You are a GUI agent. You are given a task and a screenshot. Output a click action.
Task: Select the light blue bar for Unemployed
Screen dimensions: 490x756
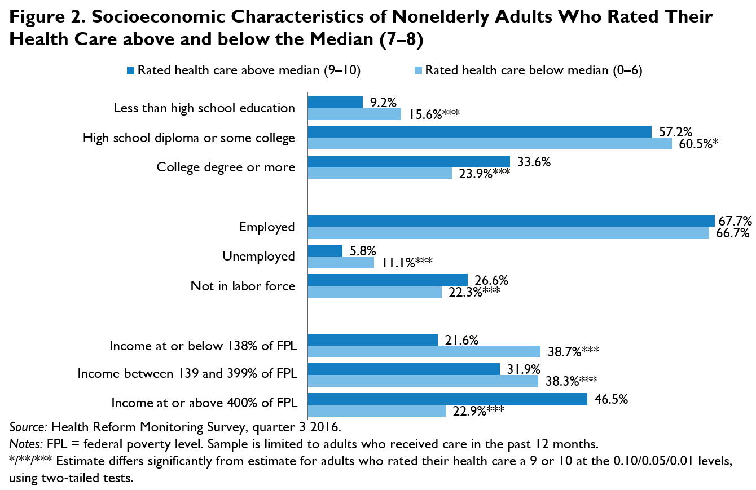click(341, 262)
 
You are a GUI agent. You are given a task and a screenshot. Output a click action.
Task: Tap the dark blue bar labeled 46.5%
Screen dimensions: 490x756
click(447, 399)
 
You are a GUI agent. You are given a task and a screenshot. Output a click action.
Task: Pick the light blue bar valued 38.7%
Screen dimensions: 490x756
click(424, 352)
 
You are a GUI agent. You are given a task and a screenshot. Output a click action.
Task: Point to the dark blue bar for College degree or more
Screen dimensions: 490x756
click(408, 161)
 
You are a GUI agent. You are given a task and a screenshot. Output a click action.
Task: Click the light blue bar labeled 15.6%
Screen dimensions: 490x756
click(354, 114)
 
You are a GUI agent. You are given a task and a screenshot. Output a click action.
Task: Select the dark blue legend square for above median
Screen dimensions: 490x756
click(131, 70)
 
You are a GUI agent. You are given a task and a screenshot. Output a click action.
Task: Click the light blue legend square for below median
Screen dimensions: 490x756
click(418, 70)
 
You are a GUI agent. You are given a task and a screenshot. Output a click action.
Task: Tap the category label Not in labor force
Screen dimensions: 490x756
click(243, 286)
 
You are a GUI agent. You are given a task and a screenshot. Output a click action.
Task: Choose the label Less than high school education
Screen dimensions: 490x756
click(204, 108)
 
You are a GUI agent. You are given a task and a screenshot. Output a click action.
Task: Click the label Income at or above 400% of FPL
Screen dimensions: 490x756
click(203, 403)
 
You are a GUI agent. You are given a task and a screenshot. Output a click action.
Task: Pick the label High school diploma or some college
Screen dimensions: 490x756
click(188, 138)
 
